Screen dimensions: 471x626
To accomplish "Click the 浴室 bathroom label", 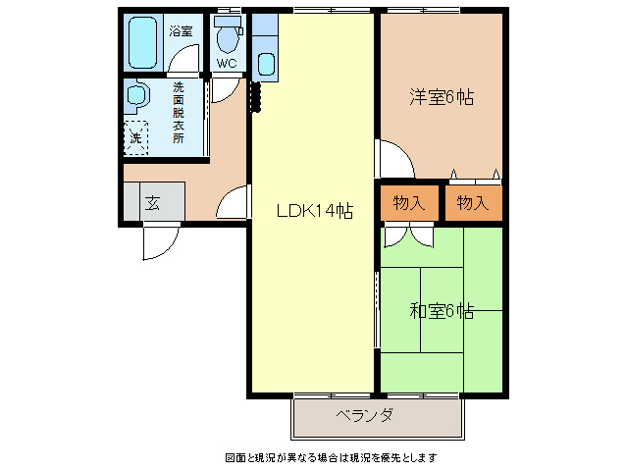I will point(180,31).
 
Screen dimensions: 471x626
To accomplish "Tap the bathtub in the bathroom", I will point(143,40).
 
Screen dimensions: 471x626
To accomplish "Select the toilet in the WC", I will point(228,37).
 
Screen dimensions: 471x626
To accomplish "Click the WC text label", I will point(227,65).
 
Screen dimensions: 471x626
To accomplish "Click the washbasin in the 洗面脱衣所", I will point(135,96).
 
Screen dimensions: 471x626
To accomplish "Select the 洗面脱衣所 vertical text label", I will point(178,114).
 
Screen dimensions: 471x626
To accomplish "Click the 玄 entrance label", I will point(153,203).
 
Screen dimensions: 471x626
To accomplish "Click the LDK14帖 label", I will point(314,210).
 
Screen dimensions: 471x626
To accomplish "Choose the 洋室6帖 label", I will point(442,97).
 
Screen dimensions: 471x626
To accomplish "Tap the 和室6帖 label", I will point(442,311).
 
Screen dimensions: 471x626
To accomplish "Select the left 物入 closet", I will point(408,203).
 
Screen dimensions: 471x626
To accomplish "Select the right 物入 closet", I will point(473,203).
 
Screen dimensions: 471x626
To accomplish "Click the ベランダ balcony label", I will point(363,416).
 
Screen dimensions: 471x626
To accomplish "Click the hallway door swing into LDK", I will point(234,203).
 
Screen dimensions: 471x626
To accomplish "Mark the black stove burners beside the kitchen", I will point(255,95).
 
